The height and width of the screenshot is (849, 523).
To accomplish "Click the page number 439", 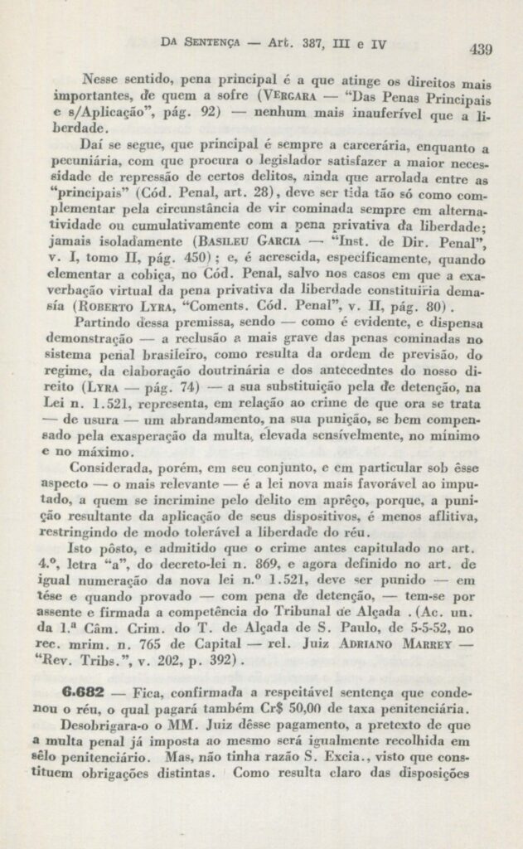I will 480,49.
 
